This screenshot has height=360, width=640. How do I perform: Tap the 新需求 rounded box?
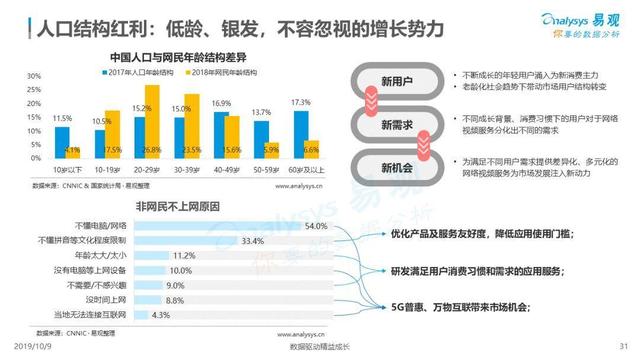(x=387, y=125)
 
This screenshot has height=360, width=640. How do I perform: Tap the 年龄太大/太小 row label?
(x=101, y=255)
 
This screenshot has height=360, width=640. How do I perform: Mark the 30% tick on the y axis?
(x=34, y=76)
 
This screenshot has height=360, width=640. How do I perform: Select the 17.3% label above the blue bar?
(x=299, y=103)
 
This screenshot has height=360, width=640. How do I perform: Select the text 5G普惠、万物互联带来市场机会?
(x=468, y=305)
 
